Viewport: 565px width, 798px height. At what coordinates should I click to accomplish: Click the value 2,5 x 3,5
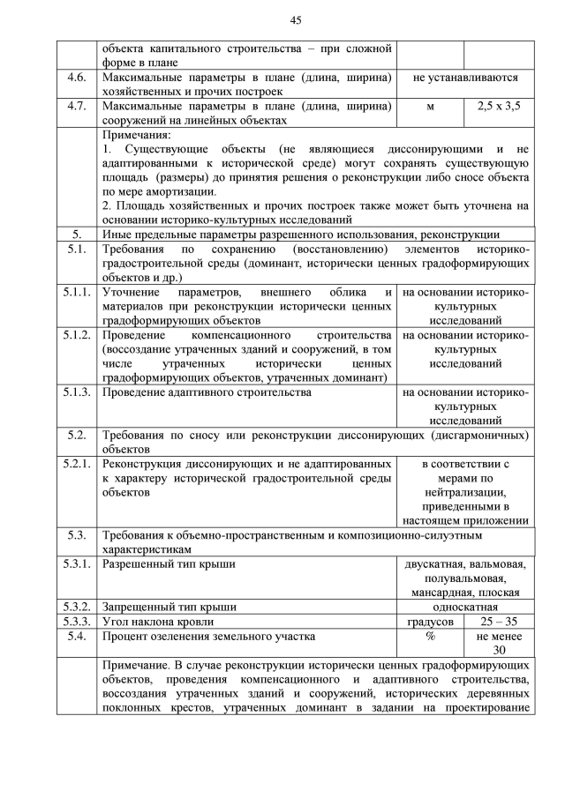click(499, 106)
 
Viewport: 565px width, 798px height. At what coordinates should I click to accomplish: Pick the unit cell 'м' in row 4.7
click(431, 106)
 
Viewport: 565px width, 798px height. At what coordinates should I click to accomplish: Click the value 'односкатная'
click(464, 607)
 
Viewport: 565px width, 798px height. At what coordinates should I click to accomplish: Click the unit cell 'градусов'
click(431, 621)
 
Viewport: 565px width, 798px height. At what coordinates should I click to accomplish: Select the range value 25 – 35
click(499, 621)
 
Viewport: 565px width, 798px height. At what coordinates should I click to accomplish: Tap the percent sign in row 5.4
click(431, 636)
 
